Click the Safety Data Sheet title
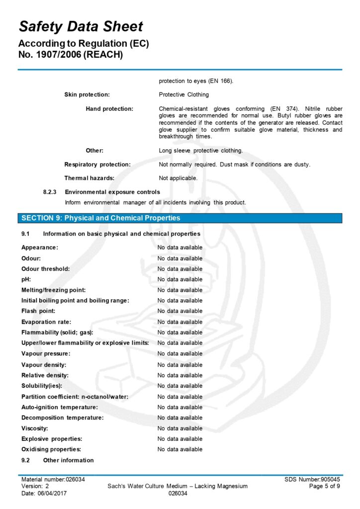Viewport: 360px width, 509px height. [81, 26]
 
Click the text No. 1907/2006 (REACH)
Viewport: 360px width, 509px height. [70, 55]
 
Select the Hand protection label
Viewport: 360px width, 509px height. [109, 108]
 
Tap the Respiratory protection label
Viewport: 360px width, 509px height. [97, 164]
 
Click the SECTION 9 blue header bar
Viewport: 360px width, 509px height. [180, 218]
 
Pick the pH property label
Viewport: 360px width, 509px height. [26, 279]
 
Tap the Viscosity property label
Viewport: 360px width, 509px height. [35, 428]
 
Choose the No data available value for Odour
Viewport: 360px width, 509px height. [180, 258]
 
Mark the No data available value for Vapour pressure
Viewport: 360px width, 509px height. [180, 353]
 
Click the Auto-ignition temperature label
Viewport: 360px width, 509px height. [59, 407]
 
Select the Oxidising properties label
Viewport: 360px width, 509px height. [51, 449]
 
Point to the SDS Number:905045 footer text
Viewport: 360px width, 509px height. [312, 479]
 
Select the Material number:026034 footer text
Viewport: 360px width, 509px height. [53, 479]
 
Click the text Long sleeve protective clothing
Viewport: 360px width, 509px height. [201, 150]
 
